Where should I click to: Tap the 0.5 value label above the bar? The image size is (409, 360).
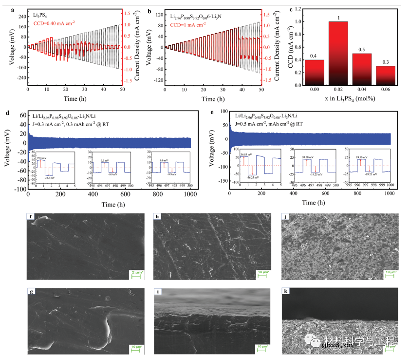pos(361,49)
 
